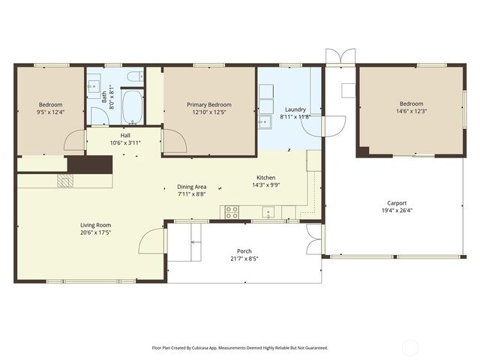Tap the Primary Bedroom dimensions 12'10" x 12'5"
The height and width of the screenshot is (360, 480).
point(208,112)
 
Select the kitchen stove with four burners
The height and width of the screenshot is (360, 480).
point(231,213)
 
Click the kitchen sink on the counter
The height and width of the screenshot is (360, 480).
point(268,213)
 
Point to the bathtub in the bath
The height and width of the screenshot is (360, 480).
point(132,106)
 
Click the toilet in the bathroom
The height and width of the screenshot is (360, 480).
point(135,76)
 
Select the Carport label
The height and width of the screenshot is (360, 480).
point(397,202)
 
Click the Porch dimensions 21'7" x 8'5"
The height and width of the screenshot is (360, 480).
point(244,259)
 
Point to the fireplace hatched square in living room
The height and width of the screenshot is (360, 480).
point(65,181)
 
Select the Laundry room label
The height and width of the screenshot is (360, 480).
point(295,109)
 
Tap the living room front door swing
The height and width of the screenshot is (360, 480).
point(153,242)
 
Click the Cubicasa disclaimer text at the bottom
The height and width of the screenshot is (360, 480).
point(240,348)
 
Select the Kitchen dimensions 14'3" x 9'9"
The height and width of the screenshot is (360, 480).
point(266,185)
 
